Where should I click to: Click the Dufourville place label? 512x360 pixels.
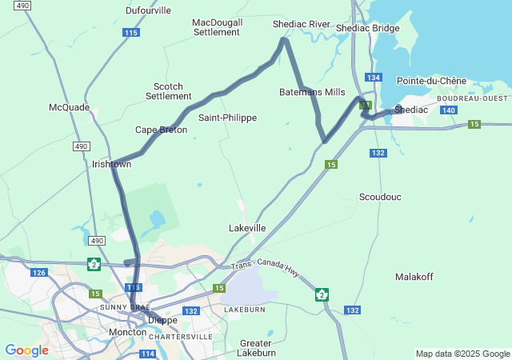click(149, 10)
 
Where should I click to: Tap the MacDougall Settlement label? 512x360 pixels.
click(217, 27)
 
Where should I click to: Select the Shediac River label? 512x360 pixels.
click(302, 24)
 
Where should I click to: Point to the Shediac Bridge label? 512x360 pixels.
click(367, 28)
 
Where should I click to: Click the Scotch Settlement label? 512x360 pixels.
click(168, 91)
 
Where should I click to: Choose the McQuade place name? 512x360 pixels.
click(69, 107)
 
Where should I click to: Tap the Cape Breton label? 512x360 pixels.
click(161, 130)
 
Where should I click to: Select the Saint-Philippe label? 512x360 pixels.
click(227, 118)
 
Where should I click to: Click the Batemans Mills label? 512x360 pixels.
click(312, 92)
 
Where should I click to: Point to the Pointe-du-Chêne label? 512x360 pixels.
click(431, 81)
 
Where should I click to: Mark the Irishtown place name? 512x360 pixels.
click(111, 164)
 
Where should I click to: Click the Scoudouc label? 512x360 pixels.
click(380, 197)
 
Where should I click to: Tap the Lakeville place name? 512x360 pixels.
click(247, 228)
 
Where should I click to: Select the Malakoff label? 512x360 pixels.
click(414, 277)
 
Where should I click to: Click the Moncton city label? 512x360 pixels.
click(127, 332)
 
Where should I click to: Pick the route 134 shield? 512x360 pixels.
click(374, 77)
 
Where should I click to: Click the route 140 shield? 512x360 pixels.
click(449, 110)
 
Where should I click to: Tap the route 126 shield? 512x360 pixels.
click(39, 273)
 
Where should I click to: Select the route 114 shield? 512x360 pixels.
click(147, 354)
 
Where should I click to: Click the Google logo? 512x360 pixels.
click(26, 350)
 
